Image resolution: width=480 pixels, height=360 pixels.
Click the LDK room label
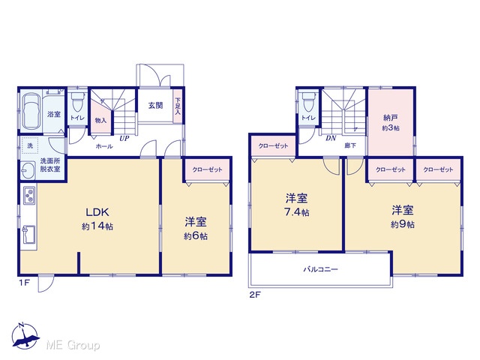click(97, 211)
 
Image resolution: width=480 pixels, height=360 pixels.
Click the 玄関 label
click(155, 105)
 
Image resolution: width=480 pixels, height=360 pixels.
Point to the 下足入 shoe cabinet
click(178, 106)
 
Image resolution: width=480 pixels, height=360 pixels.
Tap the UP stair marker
click(124, 138)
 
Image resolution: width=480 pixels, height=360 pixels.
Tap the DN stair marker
click(331, 138)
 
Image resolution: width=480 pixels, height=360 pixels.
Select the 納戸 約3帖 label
click(391, 122)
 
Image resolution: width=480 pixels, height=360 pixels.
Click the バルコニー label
click(320, 269)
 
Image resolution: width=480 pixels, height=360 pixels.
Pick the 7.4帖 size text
click(297, 212)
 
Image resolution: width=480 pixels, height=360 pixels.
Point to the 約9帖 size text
click(403, 224)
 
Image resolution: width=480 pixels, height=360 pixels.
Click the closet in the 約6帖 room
click(207, 170)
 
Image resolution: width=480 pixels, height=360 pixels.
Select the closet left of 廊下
click(273, 145)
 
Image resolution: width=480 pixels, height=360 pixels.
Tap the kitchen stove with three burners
click(29, 195)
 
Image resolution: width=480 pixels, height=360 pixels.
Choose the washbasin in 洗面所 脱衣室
click(28, 170)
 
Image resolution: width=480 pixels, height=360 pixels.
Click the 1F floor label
click(25, 283)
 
